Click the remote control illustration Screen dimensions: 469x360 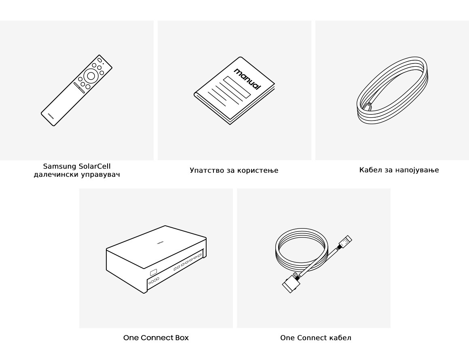[76, 90]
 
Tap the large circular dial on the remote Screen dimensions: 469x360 [91, 76]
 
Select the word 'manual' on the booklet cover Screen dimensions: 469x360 [247, 79]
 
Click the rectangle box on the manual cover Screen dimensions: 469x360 [237, 87]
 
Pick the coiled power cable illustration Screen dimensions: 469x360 [392, 90]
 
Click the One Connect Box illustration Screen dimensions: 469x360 [156, 259]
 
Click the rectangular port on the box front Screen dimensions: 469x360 [154, 272]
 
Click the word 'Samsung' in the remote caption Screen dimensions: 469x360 [59, 166]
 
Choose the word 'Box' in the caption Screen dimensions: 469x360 [182, 338]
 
